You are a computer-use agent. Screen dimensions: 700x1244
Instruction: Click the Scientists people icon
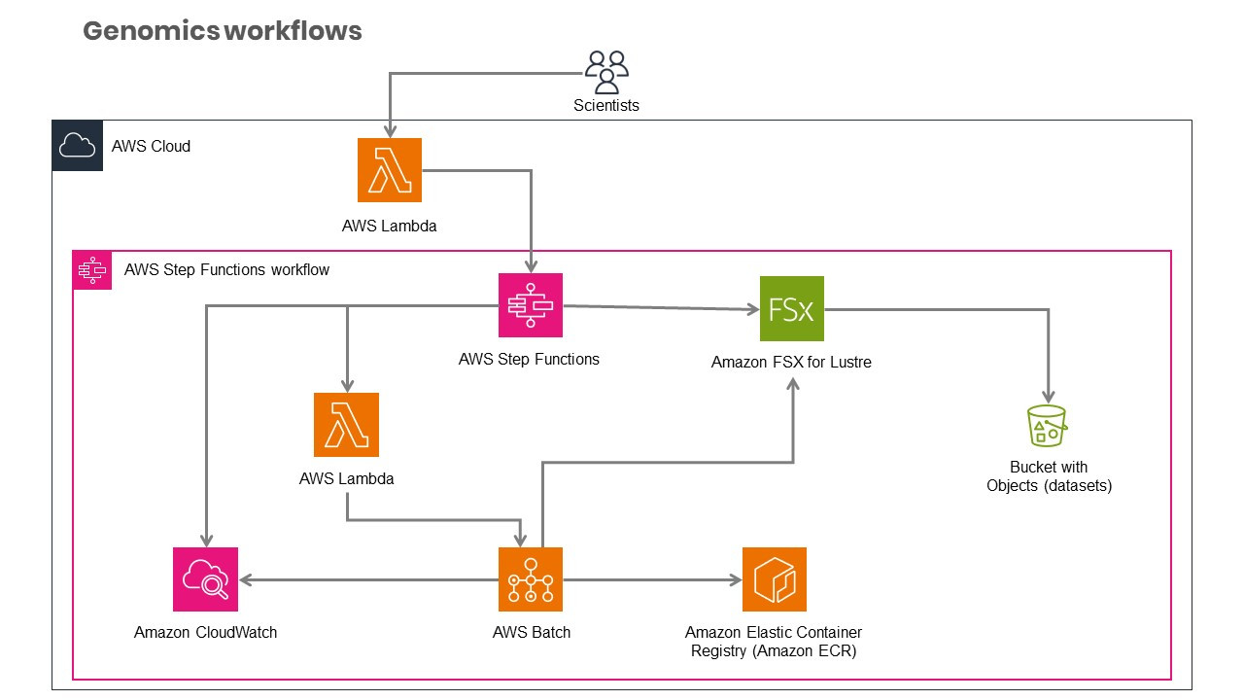tap(606, 71)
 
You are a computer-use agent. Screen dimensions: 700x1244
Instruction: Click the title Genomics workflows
tap(223, 31)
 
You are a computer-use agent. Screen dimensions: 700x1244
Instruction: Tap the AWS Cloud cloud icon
tap(78, 147)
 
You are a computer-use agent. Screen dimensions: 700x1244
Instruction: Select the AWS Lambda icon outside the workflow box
tap(390, 170)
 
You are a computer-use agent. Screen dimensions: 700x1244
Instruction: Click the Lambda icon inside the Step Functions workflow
tap(346, 425)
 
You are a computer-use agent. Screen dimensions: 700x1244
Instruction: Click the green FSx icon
tap(791, 309)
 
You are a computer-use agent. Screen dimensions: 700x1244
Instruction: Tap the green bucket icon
tap(1047, 426)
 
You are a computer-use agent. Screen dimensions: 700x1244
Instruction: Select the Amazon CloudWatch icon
tap(205, 579)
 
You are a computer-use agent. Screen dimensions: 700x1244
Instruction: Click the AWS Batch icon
tap(531, 579)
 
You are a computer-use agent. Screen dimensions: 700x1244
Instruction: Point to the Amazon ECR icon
tap(775, 579)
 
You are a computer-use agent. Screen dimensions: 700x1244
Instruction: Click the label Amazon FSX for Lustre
tap(791, 363)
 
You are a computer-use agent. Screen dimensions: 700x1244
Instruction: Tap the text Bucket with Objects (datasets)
tap(1049, 476)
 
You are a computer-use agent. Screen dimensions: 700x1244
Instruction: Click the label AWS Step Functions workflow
tap(226, 269)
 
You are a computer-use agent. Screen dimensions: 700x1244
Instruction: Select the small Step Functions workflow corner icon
tap(92, 269)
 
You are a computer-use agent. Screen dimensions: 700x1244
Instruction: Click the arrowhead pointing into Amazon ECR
tap(735, 580)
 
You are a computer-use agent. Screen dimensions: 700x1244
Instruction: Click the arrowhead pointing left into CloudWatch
tap(246, 580)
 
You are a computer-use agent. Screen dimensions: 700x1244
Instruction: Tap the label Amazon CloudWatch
tap(205, 632)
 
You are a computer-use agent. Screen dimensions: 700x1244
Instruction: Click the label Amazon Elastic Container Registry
tap(774, 633)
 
